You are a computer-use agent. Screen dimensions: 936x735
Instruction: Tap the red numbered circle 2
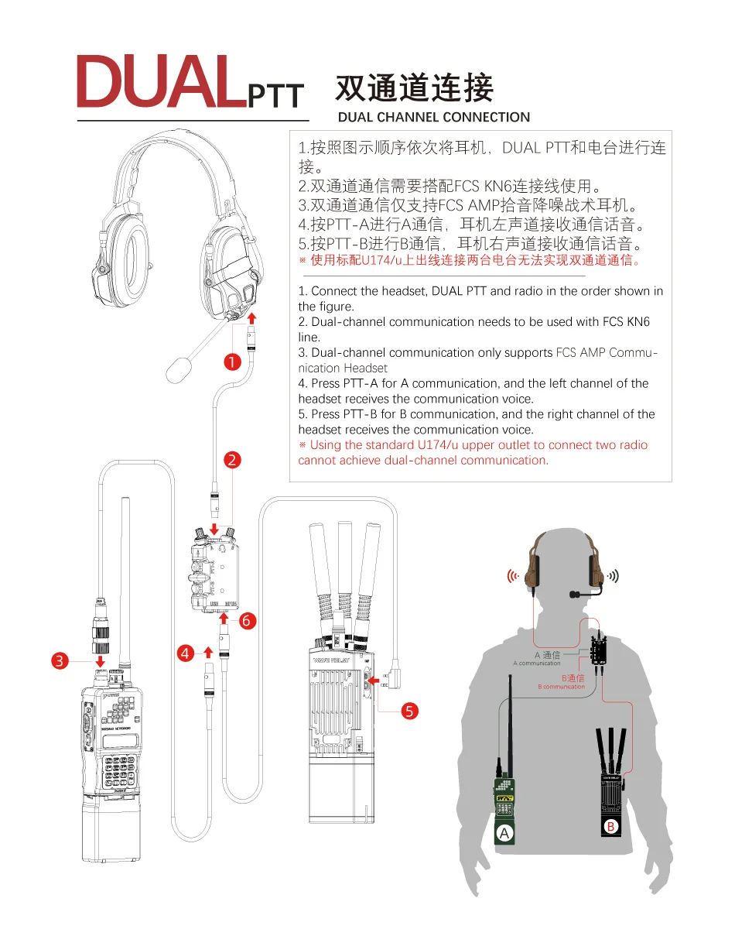231,461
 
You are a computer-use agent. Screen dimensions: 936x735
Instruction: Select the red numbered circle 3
60,660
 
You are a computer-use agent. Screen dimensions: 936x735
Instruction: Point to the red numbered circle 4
185,653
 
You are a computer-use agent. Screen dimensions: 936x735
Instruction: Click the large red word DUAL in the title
159,81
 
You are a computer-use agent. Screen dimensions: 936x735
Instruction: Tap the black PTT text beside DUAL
275,96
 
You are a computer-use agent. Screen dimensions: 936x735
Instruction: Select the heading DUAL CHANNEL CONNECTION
434,118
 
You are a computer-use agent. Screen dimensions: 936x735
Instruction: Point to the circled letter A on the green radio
504,833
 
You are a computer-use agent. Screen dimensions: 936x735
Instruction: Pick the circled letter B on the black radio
610,828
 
